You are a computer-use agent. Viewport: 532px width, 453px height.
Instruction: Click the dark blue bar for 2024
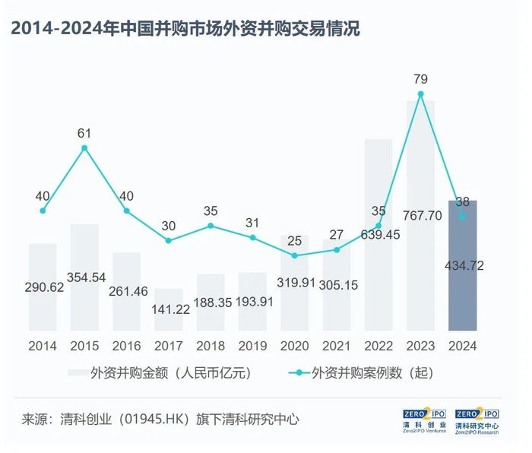462,265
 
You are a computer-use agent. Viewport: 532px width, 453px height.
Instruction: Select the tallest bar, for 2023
421,215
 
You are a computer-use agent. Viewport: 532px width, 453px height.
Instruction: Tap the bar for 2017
169,309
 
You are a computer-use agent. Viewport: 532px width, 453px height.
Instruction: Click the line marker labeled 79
421,94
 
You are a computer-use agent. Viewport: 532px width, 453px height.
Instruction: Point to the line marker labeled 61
84,148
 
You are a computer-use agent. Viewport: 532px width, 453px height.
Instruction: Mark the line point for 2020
295,255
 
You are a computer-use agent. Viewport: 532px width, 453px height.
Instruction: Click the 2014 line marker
43,211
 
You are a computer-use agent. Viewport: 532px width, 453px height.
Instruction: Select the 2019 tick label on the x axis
252,346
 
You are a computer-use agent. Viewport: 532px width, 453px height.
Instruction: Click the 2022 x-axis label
378,346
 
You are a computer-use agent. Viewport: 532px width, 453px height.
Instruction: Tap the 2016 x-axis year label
127,346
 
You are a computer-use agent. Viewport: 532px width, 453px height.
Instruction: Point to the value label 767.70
423,215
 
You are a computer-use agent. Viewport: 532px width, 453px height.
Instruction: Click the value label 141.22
170,309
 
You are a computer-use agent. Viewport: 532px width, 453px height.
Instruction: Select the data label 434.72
464,265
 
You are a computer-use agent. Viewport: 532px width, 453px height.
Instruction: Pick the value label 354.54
86,277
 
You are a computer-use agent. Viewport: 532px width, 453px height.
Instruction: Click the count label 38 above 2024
462,202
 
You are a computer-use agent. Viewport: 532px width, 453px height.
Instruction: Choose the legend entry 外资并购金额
160,373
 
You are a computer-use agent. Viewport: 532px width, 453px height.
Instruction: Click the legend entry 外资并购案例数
361,373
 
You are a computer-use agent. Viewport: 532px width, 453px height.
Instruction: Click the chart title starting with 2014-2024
185,28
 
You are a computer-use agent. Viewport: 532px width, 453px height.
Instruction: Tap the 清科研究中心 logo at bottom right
477,421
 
